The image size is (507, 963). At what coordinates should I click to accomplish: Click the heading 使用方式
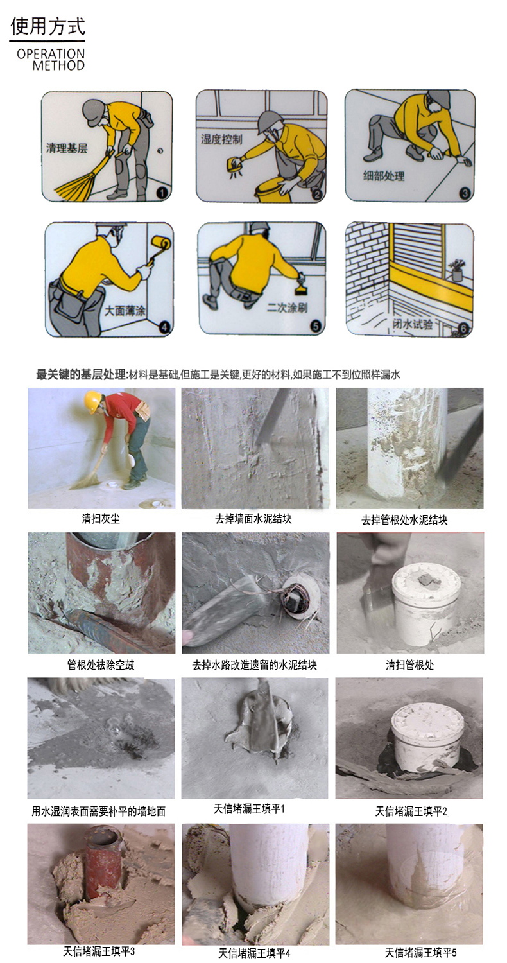tap(47, 26)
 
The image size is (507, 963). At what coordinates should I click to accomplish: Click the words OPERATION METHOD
tap(51, 60)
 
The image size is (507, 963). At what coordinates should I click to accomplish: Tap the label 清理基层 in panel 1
tap(67, 148)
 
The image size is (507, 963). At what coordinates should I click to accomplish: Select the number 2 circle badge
tap(317, 194)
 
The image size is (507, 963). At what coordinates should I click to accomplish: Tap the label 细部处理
tap(384, 176)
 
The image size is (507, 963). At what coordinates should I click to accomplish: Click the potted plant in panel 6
tap(456, 270)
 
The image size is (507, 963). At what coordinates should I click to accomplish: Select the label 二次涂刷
tap(288, 308)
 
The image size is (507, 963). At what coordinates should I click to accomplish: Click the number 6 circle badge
tap(463, 329)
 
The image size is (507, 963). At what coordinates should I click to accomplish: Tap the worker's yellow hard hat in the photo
tap(92, 401)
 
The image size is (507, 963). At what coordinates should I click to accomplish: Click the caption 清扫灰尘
tap(101, 519)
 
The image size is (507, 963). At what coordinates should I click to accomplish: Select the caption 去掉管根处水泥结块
tap(404, 520)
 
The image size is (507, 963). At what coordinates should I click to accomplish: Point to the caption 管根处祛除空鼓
tap(101, 665)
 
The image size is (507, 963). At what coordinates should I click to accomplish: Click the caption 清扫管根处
tap(409, 665)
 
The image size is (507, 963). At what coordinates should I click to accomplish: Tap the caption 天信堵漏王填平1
tap(249, 809)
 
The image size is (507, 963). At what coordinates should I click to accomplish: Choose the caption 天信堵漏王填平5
tap(420, 952)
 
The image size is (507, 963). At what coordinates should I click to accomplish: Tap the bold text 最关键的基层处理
tap(82, 374)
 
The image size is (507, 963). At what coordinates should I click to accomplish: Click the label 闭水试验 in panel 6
tap(413, 324)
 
